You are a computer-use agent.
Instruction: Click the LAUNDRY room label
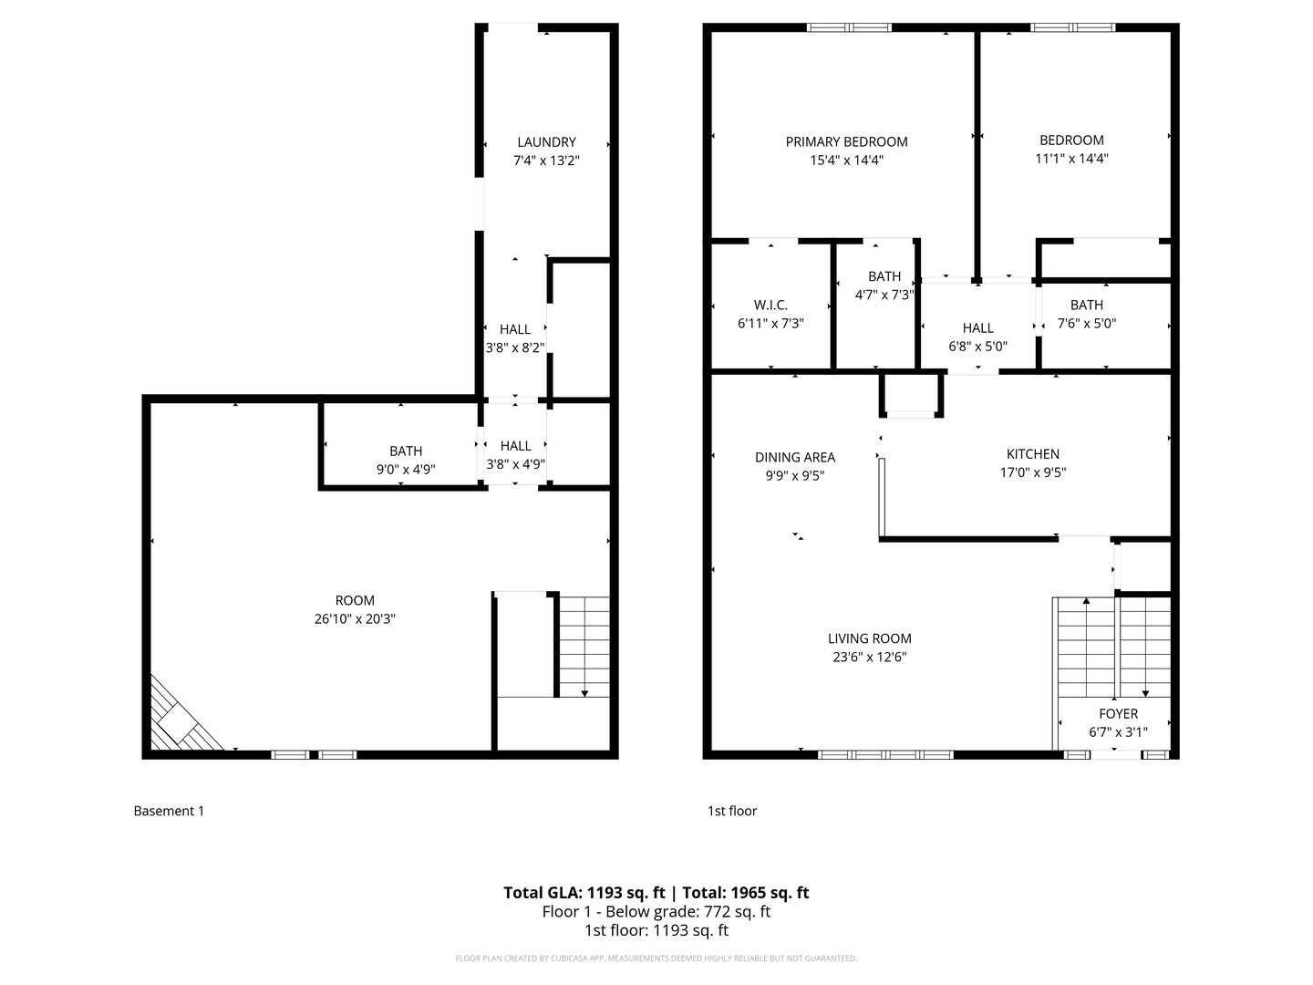coord(546,142)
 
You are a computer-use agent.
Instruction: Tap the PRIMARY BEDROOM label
coord(846,141)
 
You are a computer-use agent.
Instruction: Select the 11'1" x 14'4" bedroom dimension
coord(1071,159)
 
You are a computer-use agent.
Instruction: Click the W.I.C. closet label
coord(770,305)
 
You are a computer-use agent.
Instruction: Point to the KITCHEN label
coord(1032,454)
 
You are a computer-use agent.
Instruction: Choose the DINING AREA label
coord(794,457)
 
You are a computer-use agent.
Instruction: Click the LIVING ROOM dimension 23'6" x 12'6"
coord(869,658)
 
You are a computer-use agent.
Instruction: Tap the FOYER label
coord(1118,714)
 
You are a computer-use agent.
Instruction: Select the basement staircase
coord(584,646)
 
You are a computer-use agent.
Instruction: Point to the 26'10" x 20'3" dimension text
coord(355,619)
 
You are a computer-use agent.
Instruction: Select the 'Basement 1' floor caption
coord(169,811)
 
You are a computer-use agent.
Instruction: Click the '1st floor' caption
coord(732,811)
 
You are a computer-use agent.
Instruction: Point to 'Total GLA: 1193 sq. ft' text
coord(584,893)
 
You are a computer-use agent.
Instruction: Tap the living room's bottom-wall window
coord(885,755)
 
